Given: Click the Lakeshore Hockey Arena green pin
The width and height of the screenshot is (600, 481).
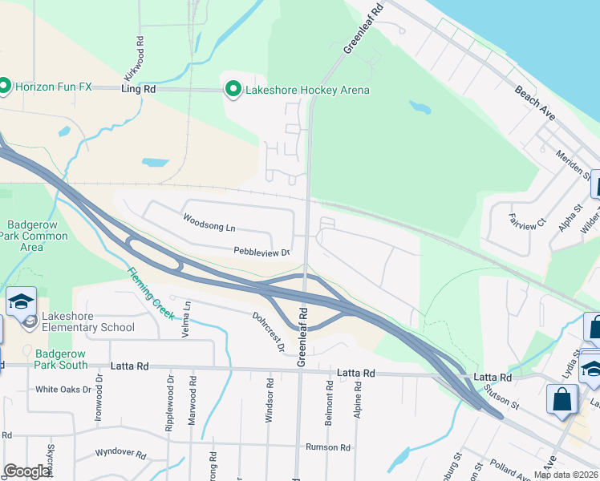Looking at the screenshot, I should (x=233, y=89).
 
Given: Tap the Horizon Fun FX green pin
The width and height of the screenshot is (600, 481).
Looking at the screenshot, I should (x=5, y=85).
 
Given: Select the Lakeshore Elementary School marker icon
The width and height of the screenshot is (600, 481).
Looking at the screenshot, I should (x=30, y=321).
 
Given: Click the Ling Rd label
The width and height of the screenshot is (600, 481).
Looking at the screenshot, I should (x=139, y=90).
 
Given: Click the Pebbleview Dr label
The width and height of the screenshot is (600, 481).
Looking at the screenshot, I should (x=261, y=252).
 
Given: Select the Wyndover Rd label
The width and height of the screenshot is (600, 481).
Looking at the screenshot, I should (x=118, y=455).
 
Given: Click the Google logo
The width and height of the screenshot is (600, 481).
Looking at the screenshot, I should (x=27, y=471).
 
